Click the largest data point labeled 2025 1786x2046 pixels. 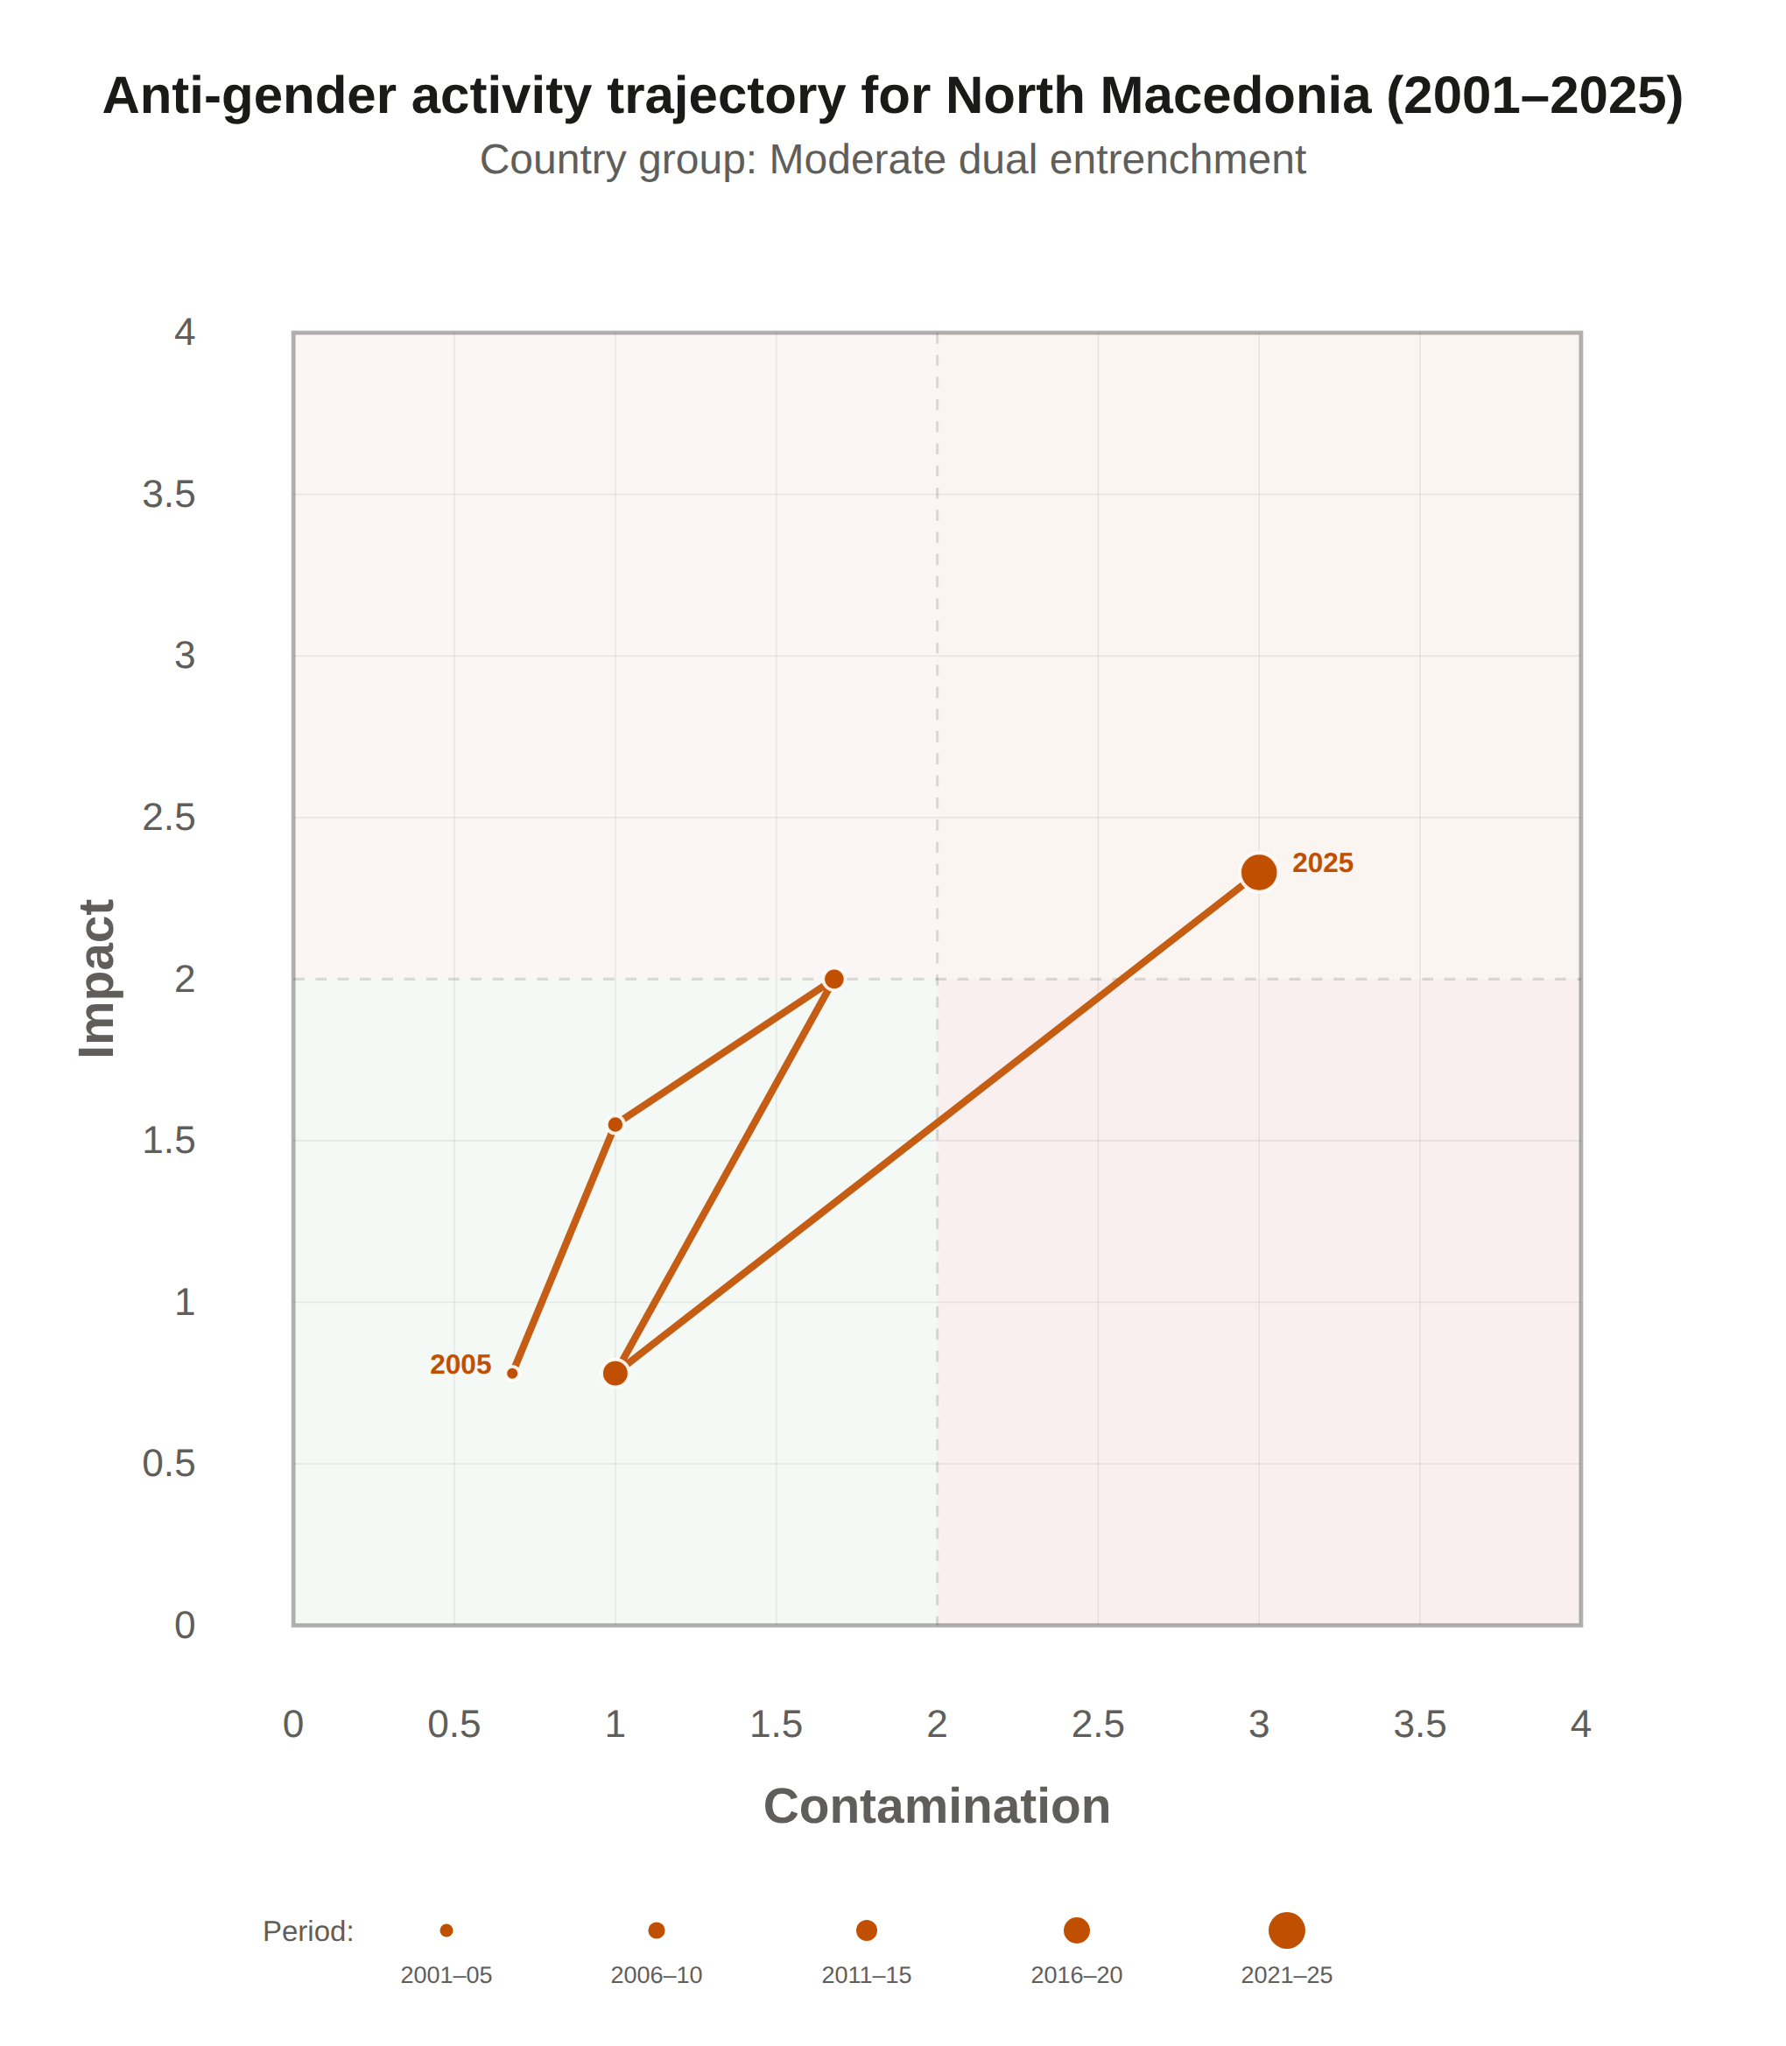tap(1259, 872)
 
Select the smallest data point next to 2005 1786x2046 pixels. tap(512, 1374)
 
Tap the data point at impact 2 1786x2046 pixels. tap(834, 979)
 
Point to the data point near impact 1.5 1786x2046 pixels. tap(615, 1124)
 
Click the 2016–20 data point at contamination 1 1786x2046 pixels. tap(615, 1374)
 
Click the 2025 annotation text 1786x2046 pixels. tap(1323, 863)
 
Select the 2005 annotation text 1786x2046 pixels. tap(461, 1364)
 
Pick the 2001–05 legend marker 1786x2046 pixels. tap(446, 1930)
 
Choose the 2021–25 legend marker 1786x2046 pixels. tap(1287, 1930)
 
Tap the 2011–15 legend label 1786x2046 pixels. tap(866, 1975)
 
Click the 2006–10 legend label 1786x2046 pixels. tap(656, 1975)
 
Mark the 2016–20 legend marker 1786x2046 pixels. tap(1076, 1930)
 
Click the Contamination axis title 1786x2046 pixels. tap(937, 1806)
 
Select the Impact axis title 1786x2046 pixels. tap(98, 978)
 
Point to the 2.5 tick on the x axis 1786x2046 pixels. tap(1099, 1724)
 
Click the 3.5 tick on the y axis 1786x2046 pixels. tap(168, 495)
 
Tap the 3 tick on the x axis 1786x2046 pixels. tap(1259, 1724)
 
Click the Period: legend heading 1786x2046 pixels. tap(308, 1931)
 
